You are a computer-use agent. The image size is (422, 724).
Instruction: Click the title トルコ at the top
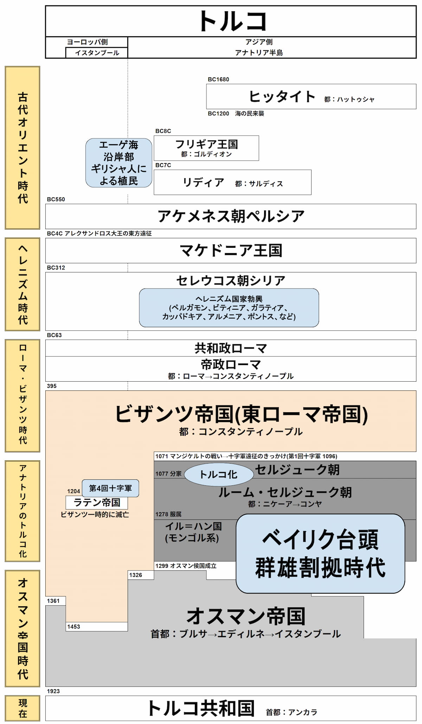click(x=232, y=21)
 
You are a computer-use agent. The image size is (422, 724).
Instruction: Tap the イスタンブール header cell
click(x=97, y=53)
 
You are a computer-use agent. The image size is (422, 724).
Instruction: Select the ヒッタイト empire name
click(x=282, y=96)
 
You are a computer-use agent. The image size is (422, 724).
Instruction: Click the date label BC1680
click(x=218, y=79)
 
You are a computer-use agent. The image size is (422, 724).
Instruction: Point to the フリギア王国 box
click(x=206, y=148)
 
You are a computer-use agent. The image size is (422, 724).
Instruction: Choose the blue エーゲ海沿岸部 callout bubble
click(x=119, y=163)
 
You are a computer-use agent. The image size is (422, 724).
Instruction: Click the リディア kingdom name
click(x=203, y=182)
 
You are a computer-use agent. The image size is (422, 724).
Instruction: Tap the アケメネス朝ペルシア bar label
click(x=231, y=216)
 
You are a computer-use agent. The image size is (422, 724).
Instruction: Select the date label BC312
click(x=56, y=267)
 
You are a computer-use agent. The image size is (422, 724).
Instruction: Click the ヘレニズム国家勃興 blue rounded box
click(x=229, y=308)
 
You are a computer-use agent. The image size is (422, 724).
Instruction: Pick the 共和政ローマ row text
click(x=231, y=348)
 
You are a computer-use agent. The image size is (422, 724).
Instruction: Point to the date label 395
click(x=52, y=386)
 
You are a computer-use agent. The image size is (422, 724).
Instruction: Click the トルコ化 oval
click(x=218, y=474)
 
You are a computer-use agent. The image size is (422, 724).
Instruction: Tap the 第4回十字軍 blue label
click(x=110, y=488)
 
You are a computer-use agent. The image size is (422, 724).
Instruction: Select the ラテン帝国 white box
click(x=97, y=503)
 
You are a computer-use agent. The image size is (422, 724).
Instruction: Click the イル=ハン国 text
click(x=193, y=526)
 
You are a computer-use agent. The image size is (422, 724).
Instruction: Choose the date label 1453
click(x=73, y=626)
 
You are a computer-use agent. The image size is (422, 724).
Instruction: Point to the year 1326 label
click(x=135, y=575)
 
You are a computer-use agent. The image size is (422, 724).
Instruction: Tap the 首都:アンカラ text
click(x=292, y=712)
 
